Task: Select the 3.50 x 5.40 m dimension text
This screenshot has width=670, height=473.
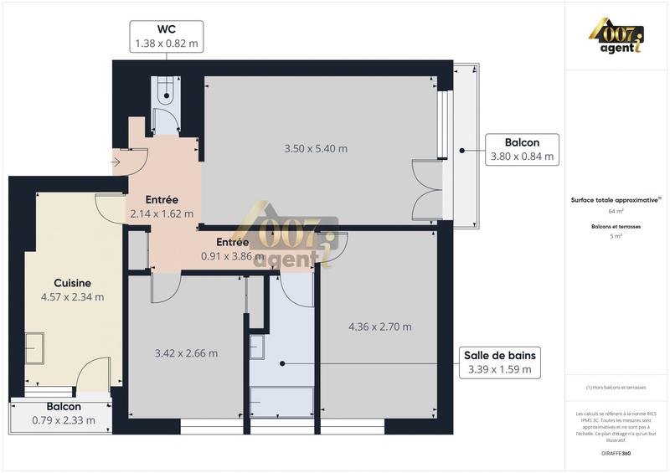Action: (316, 149)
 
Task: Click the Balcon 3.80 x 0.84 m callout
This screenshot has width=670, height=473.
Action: (521, 149)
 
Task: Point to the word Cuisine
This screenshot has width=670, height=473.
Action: (72, 283)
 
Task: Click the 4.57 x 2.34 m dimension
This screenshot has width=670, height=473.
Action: (72, 296)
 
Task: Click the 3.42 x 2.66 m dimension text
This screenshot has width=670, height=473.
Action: (187, 353)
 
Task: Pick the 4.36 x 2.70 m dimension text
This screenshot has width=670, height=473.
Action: (379, 326)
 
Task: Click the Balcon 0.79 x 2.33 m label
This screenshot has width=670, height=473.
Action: (64, 414)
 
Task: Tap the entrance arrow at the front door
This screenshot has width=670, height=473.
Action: (116, 162)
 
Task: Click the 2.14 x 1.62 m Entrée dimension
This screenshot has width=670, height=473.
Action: (162, 213)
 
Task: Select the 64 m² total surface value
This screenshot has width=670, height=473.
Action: (616, 212)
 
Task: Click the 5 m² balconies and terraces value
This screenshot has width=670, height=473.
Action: (616, 237)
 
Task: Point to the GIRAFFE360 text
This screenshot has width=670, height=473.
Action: (616, 452)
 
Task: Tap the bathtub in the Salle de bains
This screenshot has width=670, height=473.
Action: (283, 406)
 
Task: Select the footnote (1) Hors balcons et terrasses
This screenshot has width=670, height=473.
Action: (616, 388)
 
